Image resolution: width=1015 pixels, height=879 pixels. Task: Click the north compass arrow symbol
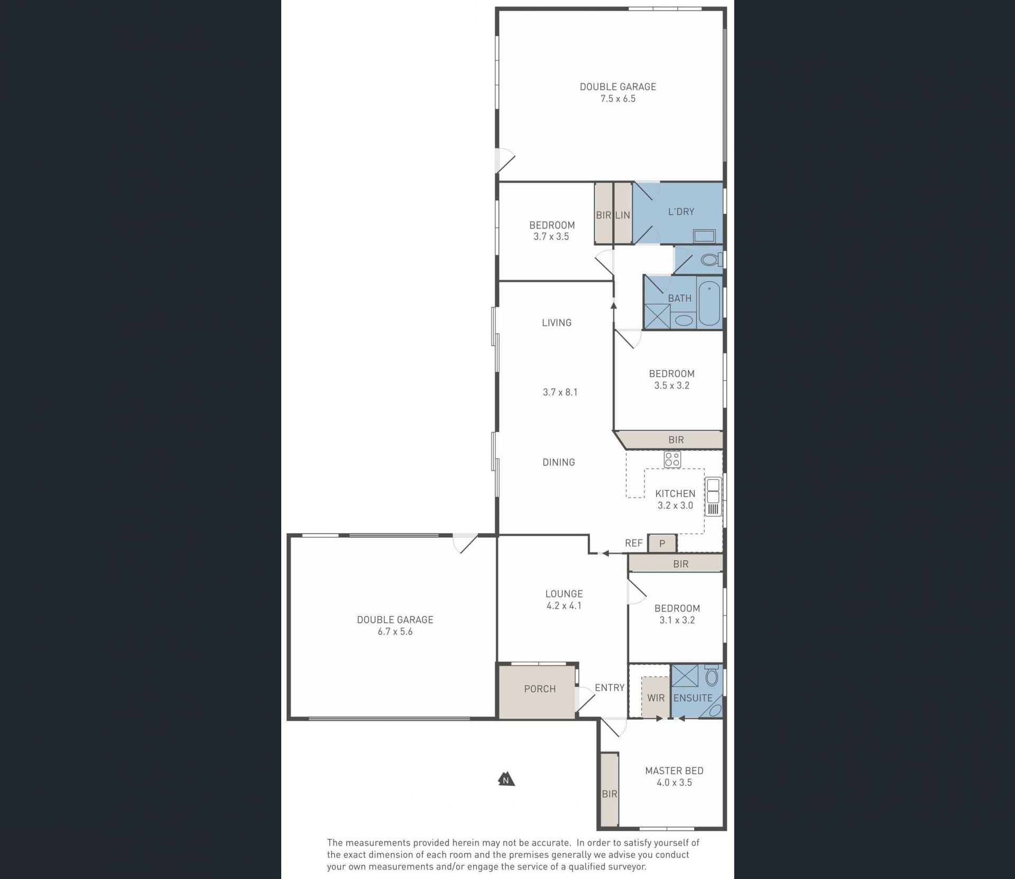506,779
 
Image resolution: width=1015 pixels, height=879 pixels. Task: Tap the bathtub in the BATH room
709,303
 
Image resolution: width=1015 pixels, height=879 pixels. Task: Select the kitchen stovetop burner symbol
672,459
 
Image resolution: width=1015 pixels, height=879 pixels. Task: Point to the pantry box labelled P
662,543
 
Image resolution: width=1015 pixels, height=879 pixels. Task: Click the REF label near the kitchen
634,543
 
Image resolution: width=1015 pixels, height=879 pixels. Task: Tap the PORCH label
540,689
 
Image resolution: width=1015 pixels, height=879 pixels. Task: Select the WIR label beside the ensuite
656,698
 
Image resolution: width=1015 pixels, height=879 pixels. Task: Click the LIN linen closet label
623,215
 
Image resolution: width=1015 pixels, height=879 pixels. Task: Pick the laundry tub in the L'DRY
704,236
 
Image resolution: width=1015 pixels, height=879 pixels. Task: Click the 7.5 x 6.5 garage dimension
618,99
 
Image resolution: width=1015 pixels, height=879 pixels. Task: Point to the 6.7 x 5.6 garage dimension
395,632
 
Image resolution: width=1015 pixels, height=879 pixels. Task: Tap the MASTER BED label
674,771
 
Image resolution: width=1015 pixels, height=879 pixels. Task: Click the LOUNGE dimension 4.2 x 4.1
564,606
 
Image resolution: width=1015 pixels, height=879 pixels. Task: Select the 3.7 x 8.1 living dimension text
560,392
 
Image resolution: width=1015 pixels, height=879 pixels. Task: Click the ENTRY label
610,688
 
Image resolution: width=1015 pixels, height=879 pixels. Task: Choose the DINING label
559,462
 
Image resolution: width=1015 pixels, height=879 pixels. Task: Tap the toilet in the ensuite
712,676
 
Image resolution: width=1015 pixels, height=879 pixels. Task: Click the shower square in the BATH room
657,317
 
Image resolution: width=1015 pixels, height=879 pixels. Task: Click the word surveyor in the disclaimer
627,866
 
